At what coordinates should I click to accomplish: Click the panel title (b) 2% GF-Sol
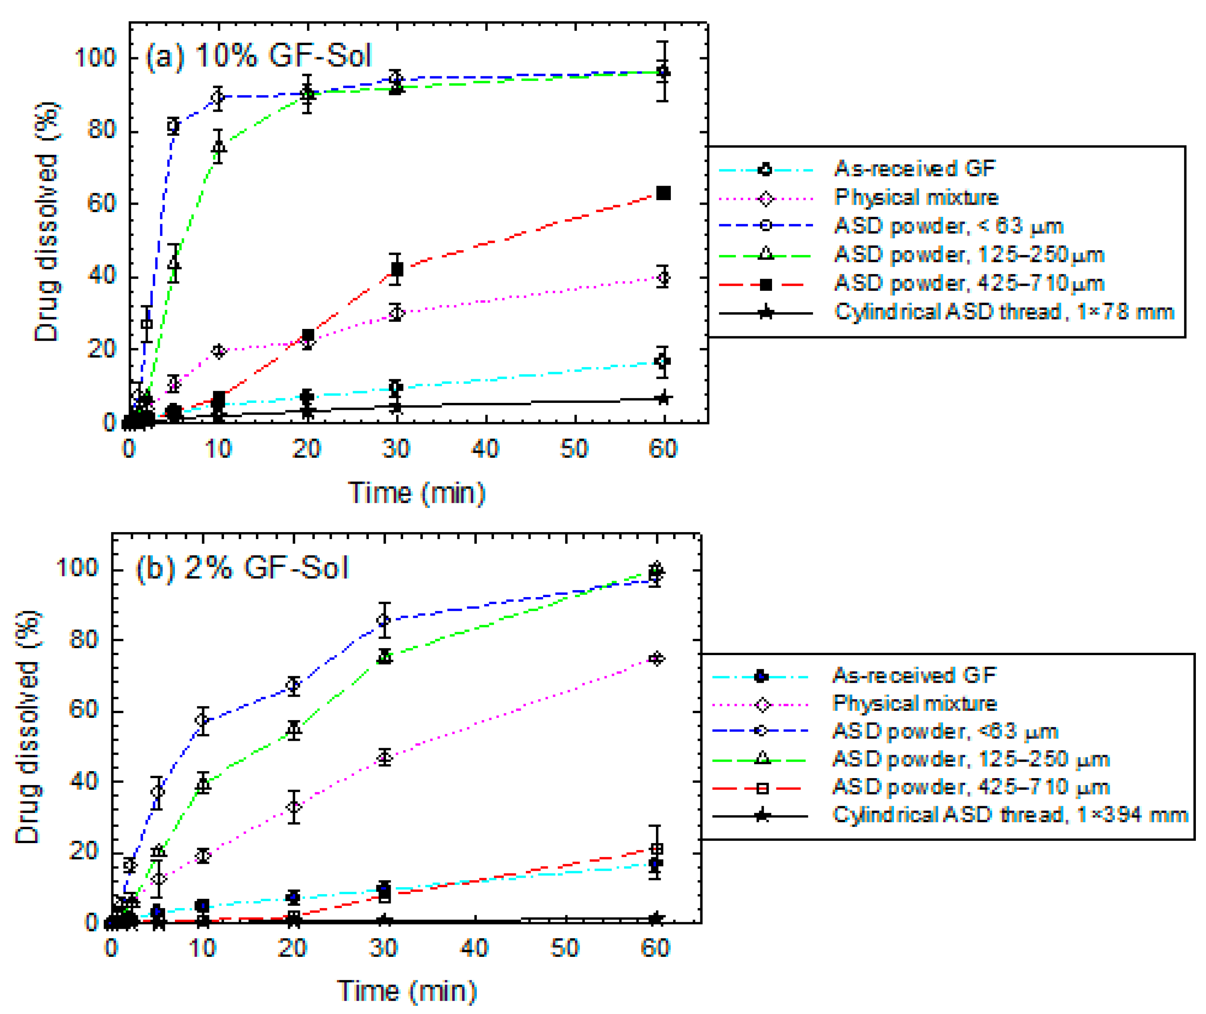click(x=242, y=568)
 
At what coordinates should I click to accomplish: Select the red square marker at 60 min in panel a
click(x=663, y=193)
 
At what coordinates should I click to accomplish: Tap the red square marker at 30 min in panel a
click(x=396, y=269)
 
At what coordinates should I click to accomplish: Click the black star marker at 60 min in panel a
click(x=663, y=398)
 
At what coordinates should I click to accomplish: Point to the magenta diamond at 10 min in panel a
click(x=219, y=351)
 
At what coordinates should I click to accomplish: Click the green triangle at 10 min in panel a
click(x=219, y=147)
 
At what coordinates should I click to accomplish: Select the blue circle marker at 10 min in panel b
click(x=202, y=720)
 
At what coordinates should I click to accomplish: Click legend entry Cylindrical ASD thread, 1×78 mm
click(x=1003, y=312)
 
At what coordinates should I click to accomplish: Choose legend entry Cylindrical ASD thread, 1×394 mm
click(x=1009, y=815)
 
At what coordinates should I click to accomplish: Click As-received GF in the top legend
click(x=914, y=169)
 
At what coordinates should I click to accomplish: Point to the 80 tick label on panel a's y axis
click(x=102, y=130)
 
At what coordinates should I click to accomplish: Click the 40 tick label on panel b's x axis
click(x=474, y=948)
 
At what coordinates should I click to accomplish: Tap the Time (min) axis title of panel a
click(x=416, y=493)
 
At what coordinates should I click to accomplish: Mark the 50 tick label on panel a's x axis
click(x=574, y=448)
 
